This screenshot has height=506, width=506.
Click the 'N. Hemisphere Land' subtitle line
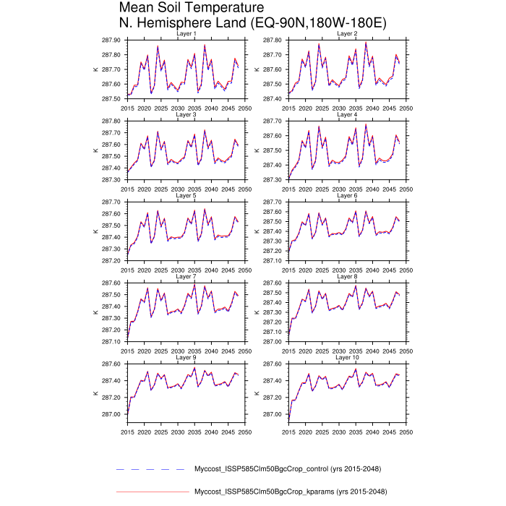click(x=252, y=24)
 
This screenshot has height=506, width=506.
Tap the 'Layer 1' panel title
click(x=186, y=33)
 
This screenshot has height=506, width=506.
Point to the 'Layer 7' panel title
click(x=186, y=276)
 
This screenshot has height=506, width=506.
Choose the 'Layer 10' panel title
click(x=348, y=357)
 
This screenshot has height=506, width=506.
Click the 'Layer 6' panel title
click(x=348, y=195)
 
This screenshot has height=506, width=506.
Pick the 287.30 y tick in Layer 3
click(x=112, y=179)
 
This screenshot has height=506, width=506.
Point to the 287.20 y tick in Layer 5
click(x=112, y=260)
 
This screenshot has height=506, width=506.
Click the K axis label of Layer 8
click(x=257, y=312)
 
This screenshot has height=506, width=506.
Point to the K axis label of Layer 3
click(x=95, y=150)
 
